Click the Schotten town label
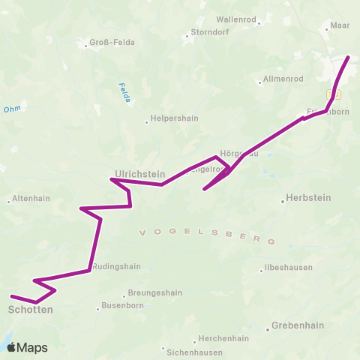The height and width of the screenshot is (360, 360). click(30, 309)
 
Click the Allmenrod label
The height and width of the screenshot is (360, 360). click(283, 79)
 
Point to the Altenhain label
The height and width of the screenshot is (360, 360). click(31, 200)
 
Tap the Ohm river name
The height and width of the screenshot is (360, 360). click(12, 109)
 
